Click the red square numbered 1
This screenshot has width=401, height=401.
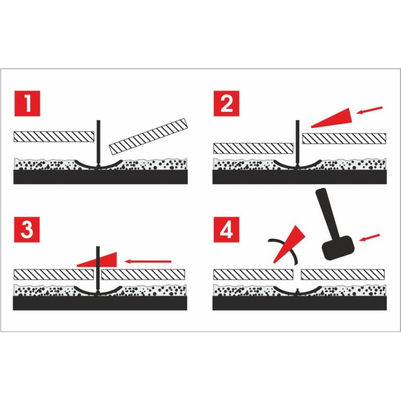point(27,103)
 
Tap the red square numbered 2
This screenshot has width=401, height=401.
point(227,103)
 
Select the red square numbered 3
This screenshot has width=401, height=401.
point(27,230)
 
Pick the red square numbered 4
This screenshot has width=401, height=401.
point(227,230)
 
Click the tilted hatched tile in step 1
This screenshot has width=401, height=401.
point(148,136)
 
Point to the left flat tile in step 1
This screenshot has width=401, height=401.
point(54,136)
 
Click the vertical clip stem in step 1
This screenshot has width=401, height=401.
point(98,143)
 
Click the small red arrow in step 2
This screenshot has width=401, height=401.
point(369,110)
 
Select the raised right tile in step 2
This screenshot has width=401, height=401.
point(344,138)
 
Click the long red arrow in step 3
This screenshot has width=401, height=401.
point(148,261)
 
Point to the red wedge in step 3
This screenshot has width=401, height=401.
point(97,260)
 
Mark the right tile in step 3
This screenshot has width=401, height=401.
point(143,274)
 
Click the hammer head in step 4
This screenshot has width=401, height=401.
point(338,248)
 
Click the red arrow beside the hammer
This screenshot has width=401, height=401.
point(369,237)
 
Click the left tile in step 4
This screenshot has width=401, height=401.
point(253,274)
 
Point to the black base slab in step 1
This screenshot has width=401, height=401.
point(101,177)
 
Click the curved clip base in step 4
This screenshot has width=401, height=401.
point(297,292)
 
